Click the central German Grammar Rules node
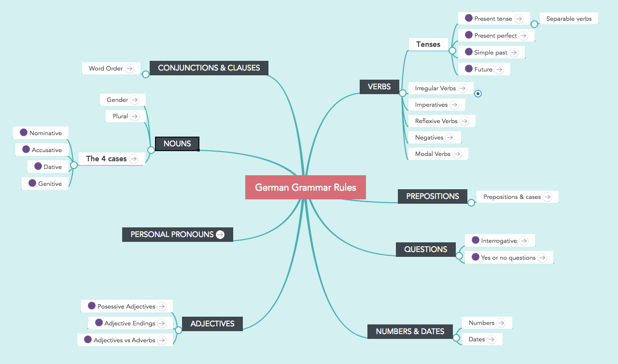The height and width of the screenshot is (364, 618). (305, 187)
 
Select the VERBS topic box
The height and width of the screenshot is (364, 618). (379, 87)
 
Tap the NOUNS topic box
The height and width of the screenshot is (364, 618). (177, 144)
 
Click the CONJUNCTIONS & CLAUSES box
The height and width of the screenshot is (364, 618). (209, 68)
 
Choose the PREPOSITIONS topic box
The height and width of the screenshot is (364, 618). (432, 196)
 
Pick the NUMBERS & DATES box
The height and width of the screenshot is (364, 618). (410, 332)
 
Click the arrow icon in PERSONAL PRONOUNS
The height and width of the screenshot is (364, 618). (220, 235)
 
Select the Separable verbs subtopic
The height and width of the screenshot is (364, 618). (569, 19)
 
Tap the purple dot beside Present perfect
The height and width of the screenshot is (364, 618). (468, 35)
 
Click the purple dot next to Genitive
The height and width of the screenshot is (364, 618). (32, 183)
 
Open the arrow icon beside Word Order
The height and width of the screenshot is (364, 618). (129, 69)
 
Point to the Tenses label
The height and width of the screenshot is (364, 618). (428, 44)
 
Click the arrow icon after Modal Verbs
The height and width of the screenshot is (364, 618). (457, 154)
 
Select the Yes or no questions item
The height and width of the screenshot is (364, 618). (508, 258)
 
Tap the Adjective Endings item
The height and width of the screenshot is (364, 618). (129, 323)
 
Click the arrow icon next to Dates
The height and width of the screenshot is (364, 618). (492, 339)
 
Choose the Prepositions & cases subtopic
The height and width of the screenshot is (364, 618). (512, 197)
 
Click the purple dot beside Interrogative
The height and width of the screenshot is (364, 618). (475, 240)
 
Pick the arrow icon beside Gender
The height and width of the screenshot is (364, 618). (135, 100)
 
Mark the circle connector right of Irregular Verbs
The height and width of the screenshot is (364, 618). (478, 94)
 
